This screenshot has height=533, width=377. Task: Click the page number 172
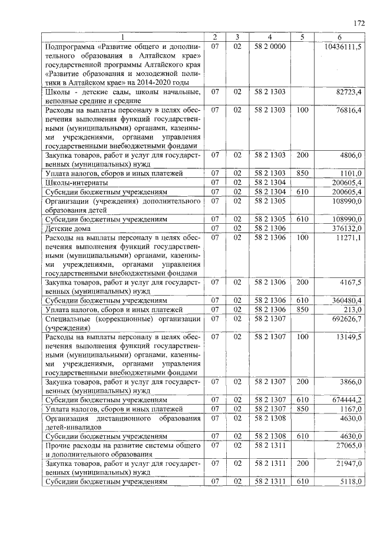pos(359,24)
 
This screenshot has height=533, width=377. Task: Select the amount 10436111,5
pos(343,46)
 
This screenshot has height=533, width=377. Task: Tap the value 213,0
pos(352,309)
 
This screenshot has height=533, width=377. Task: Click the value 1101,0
pos(350,173)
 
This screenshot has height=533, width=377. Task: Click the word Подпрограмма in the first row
pos(70,46)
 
